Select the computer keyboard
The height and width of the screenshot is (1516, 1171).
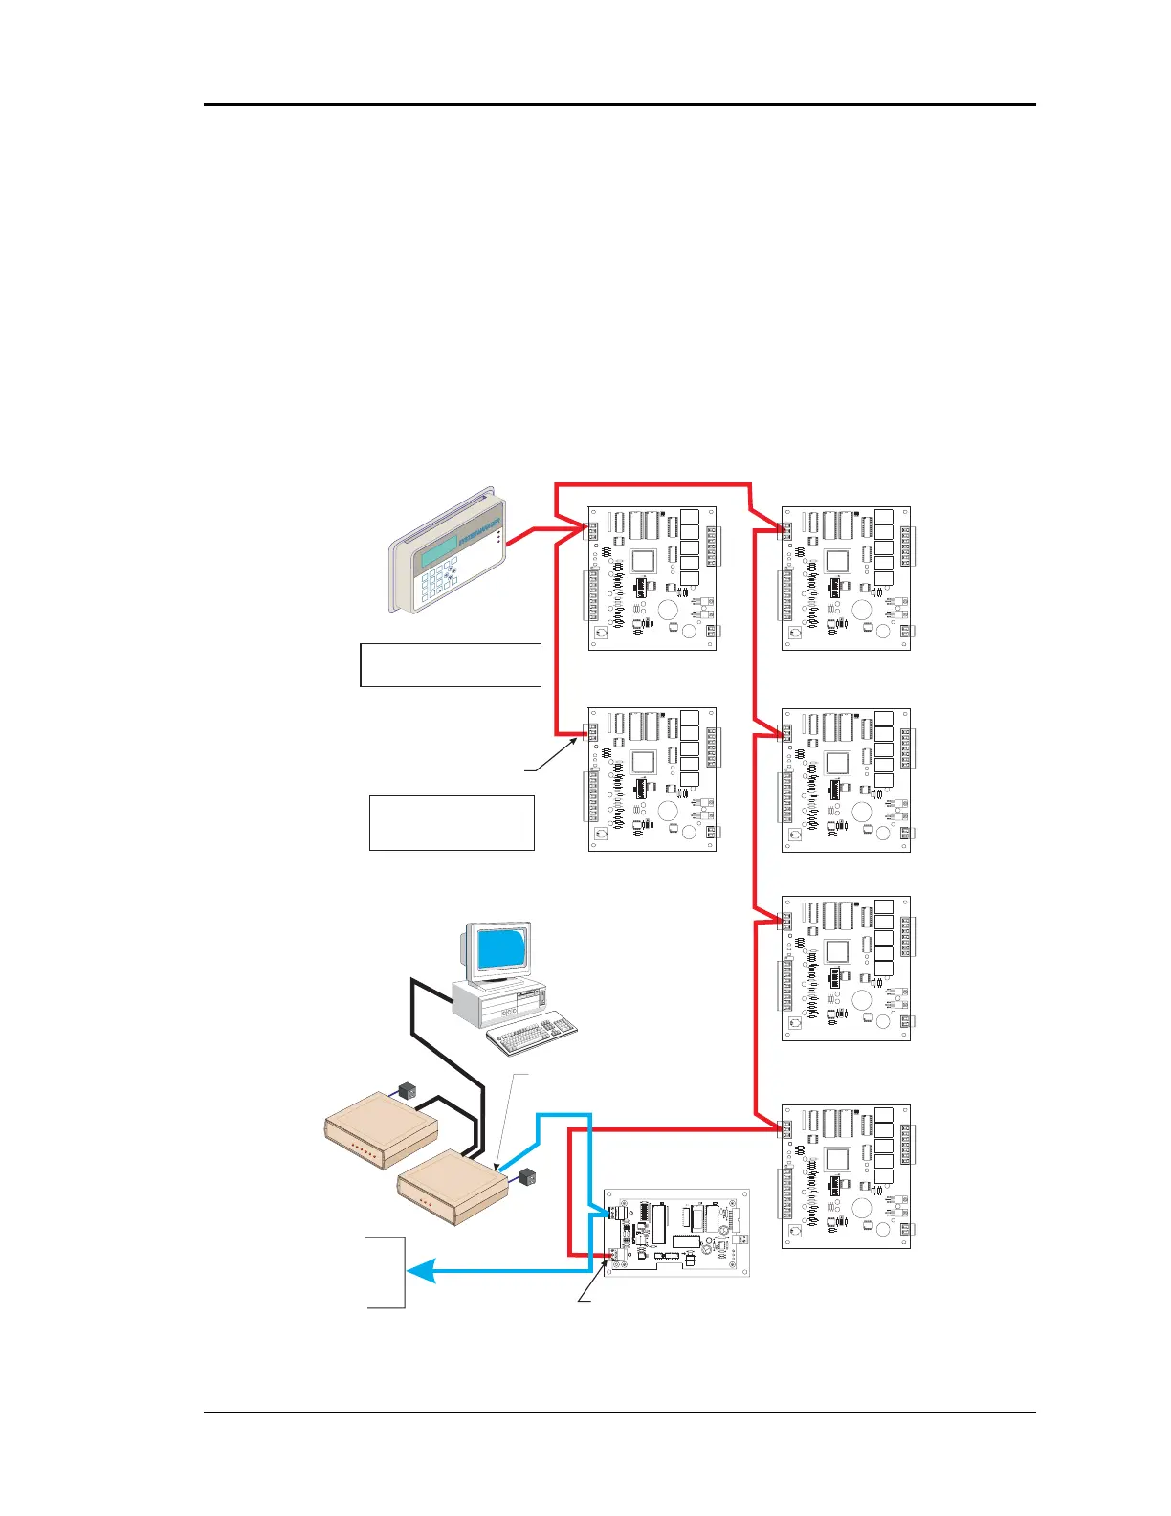click(532, 1035)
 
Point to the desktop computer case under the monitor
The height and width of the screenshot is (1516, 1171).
click(497, 1000)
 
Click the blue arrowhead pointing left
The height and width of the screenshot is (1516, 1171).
click(422, 1272)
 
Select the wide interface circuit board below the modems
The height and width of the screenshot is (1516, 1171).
click(676, 1232)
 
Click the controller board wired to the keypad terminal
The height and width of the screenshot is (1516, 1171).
click(652, 578)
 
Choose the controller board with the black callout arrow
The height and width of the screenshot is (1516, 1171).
click(652, 779)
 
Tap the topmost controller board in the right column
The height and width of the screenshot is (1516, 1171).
click(846, 578)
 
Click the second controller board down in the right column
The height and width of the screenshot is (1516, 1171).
click(846, 780)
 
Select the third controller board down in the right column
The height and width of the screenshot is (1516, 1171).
click(846, 969)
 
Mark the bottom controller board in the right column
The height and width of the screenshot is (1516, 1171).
click(846, 1176)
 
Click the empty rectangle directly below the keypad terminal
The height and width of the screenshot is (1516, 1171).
click(451, 665)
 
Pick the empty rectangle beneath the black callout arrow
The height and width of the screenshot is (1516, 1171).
click(452, 822)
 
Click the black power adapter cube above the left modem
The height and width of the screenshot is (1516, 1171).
click(406, 1089)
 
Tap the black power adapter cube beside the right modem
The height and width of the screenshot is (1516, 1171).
click(528, 1175)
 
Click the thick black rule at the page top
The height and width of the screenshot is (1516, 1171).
click(620, 104)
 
